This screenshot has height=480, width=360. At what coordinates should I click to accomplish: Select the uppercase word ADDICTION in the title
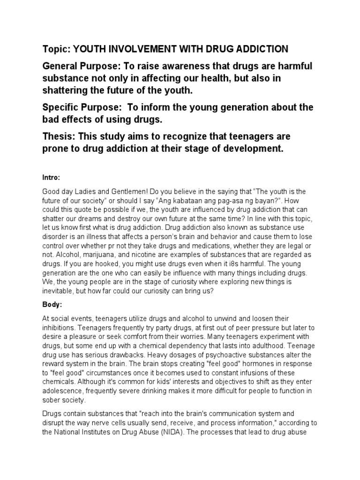click(263, 49)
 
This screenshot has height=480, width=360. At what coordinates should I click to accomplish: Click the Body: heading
click(52, 305)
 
